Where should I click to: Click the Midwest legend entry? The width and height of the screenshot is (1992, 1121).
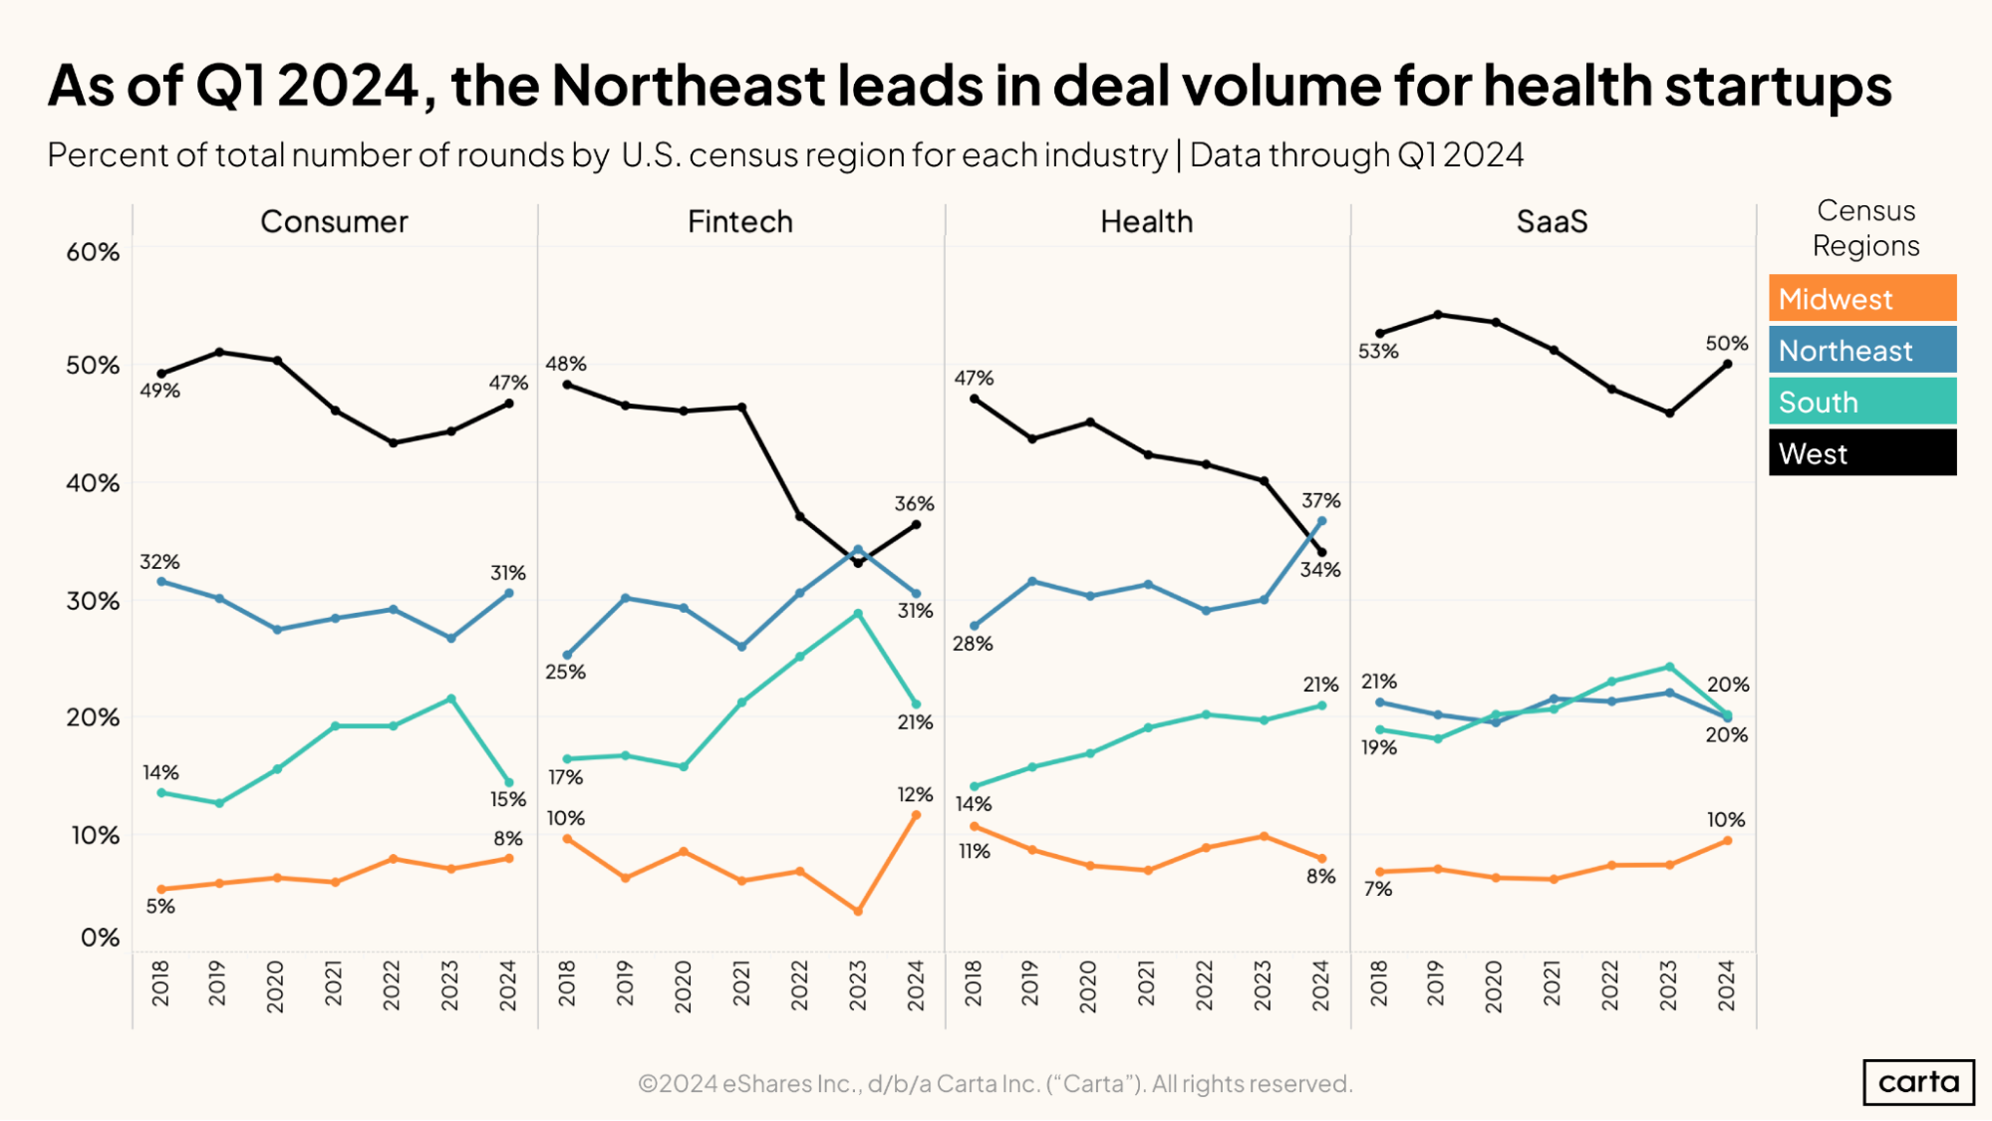1861,298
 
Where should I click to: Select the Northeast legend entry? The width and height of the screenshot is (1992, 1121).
1861,350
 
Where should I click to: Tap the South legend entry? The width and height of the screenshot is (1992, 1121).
1861,402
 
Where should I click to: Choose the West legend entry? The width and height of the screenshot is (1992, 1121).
1861,453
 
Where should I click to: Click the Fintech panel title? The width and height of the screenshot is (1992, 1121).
739,221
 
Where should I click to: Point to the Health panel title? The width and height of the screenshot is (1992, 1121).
1146,221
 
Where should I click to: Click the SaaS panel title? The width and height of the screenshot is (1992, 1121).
1552,221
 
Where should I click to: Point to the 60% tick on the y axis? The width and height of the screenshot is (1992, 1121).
93,252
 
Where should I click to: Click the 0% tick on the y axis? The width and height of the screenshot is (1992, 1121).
100,938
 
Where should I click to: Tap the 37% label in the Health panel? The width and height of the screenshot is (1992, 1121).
1320,500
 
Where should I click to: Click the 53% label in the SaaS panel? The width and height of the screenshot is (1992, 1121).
1378,351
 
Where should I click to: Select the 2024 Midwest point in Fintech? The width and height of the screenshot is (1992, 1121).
916,815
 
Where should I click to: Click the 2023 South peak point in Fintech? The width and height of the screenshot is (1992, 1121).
858,614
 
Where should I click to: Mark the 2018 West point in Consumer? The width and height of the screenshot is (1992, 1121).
161,374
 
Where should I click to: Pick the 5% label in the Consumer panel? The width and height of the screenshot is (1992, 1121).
159,906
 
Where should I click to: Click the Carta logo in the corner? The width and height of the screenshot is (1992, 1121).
1918,1082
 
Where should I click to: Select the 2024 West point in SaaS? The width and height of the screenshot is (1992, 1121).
1727,364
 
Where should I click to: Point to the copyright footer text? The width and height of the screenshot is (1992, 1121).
995,1083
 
